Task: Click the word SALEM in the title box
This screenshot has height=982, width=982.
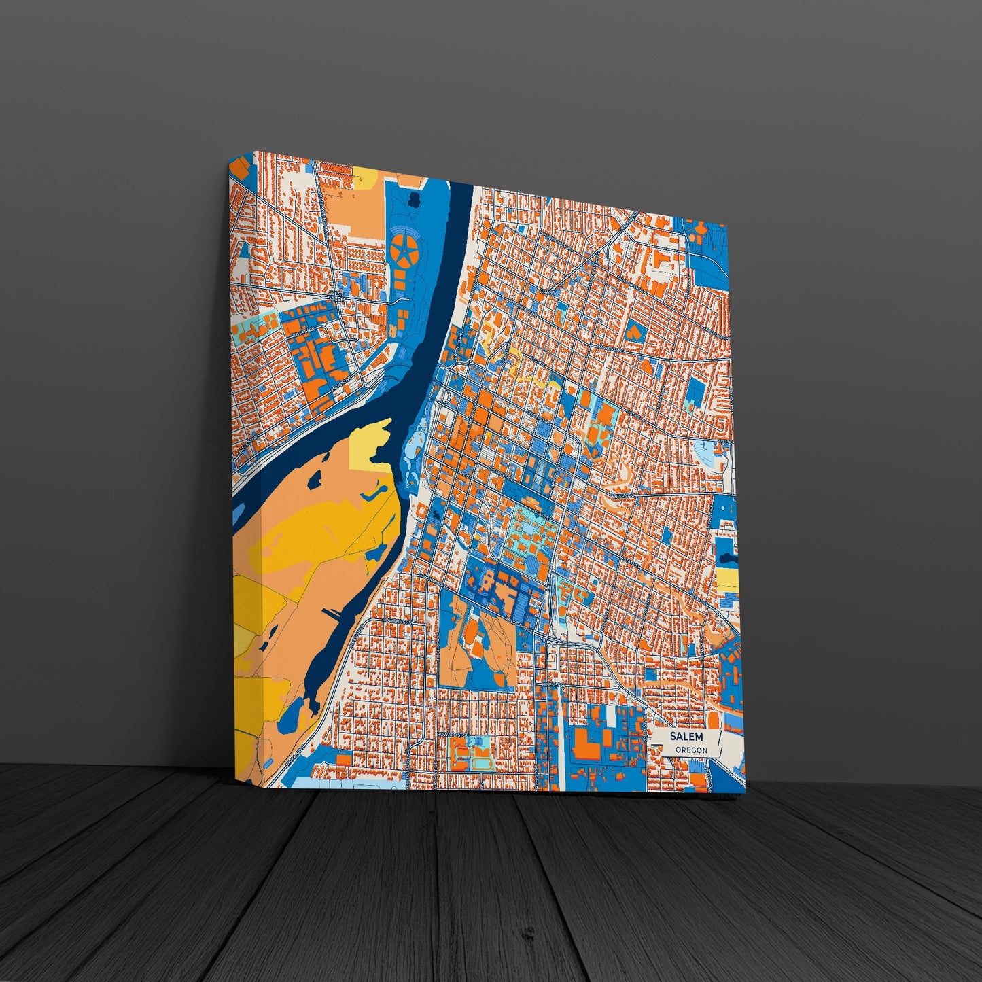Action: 686,737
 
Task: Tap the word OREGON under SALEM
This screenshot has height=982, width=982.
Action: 691,750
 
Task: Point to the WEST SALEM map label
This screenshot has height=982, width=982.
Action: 337,297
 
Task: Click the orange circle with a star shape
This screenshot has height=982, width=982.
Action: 406,249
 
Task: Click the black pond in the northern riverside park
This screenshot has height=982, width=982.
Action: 413,200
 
